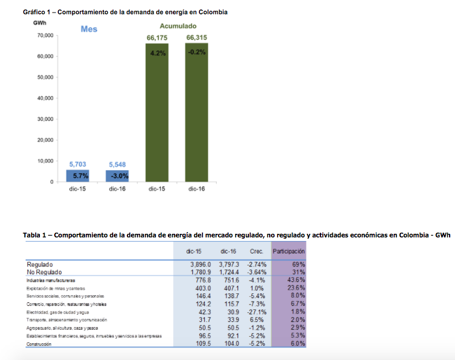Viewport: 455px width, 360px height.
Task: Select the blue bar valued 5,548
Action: (x=117, y=176)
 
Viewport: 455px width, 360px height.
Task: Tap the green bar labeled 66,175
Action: (x=157, y=113)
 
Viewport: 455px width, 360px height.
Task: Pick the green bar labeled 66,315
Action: (x=197, y=113)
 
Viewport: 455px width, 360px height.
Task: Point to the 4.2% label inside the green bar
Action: (x=157, y=52)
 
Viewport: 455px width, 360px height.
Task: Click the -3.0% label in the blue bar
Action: (x=117, y=176)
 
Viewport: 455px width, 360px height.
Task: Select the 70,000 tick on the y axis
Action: (x=45, y=36)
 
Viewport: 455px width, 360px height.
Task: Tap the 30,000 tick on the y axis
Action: (x=45, y=119)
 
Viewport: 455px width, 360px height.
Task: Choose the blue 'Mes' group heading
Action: (x=89, y=29)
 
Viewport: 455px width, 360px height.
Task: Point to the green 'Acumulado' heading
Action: (x=177, y=26)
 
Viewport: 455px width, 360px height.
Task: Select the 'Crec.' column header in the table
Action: (x=257, y=252)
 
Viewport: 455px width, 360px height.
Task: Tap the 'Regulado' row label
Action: (x=40, y=264)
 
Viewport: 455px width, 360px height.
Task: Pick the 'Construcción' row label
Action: (x=39, y=344)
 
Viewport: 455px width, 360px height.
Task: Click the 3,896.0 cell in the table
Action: (x=201, y=264)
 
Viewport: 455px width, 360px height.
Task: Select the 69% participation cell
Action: (x=298, y=264)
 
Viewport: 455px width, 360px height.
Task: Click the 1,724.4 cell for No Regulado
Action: (x=229, y=272)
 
